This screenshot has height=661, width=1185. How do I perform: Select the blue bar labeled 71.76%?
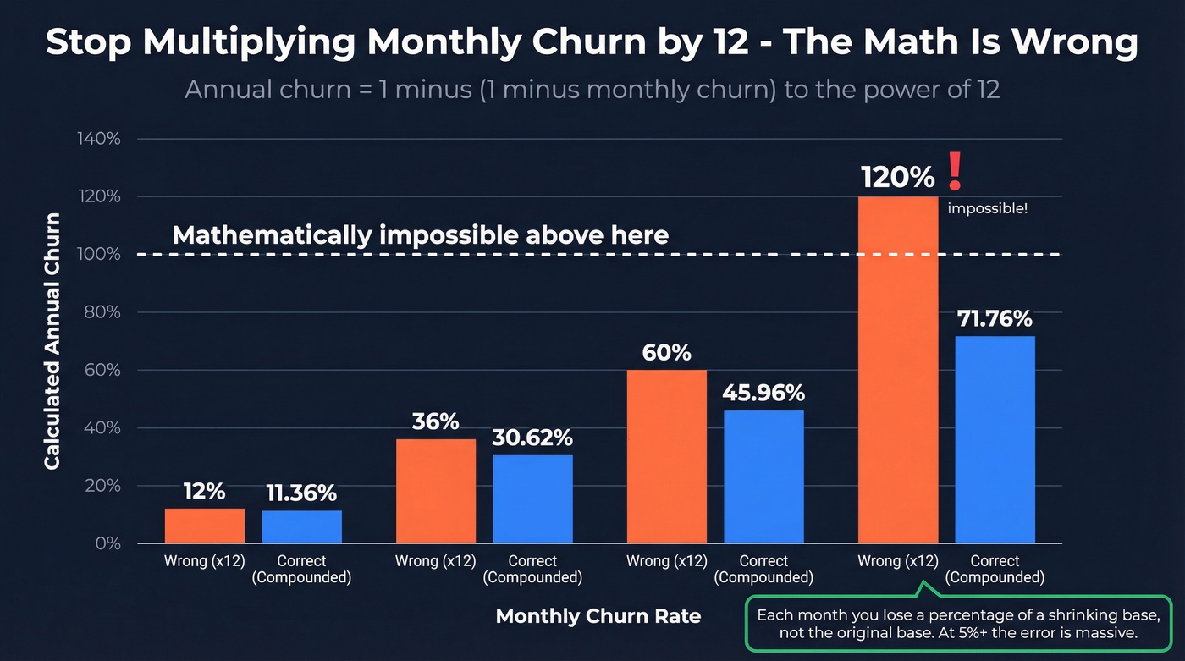995,439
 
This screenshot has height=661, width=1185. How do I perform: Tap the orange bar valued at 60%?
667,456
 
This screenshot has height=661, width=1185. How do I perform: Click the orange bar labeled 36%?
436,491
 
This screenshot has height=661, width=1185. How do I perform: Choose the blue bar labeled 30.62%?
532,499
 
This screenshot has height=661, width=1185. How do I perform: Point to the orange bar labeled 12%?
205,526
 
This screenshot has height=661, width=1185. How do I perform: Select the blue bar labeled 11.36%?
301,526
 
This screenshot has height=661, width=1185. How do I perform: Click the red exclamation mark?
955,170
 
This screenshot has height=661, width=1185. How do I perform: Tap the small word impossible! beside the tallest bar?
987,208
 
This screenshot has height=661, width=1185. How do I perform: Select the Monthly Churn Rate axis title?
598,616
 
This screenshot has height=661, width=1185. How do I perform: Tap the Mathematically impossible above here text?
420,234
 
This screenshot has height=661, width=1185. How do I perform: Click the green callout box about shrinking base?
951,624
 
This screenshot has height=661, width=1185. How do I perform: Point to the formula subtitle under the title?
592,90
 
